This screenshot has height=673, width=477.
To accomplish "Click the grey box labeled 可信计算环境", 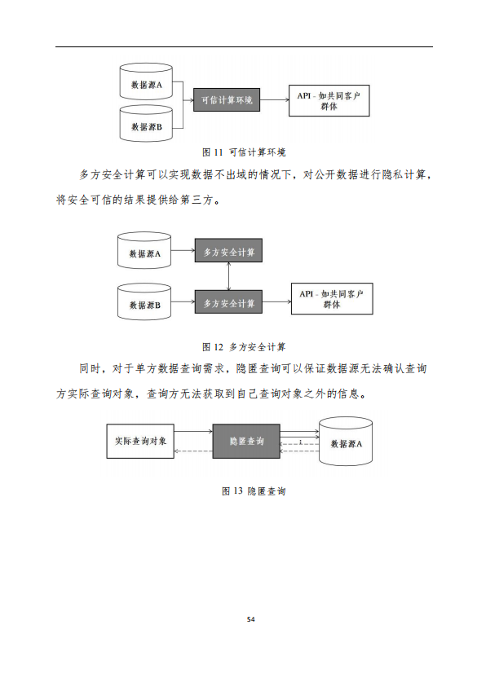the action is click(x=227, y=100).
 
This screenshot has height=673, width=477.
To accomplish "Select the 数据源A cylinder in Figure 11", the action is click(x=146, y=81).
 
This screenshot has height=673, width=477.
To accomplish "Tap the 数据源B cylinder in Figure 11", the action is click(x=146, y=123).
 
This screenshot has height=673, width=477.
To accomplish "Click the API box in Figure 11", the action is click(x=329, y=100).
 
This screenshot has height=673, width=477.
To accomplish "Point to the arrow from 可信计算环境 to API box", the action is click(x=274, y=100).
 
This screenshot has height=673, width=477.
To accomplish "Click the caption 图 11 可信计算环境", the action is click(x=244, y=152).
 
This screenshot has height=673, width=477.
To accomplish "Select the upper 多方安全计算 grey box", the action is click(x=228, y=250).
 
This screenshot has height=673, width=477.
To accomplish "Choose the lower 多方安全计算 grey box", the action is click(x=228, y=301).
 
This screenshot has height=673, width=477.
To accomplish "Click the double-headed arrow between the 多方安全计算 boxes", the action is click(x=228, y=276).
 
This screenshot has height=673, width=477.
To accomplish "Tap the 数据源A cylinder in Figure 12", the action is click(x=144, y=251).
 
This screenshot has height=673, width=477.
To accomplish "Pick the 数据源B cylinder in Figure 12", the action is click(x=144, y=301).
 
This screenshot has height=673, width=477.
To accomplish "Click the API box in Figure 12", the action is click(x=332, y=299).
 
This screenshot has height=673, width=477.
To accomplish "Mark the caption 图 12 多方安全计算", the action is click(x=244, y=347).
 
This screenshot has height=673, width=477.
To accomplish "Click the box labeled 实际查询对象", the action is click(x=140, y=442).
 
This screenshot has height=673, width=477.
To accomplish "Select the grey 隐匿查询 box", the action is click(x=246, y=442).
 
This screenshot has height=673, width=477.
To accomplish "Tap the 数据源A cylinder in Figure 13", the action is click(x=346, y=442).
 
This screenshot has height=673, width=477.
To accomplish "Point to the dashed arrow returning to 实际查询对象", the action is click(x=193, y=451).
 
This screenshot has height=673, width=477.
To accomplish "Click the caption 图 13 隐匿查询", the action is click(x=254, y=491).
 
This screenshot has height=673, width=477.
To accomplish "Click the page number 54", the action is click(x=251, y=619).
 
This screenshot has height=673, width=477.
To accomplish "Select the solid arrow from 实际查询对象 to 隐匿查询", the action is click(x=193, y=431).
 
